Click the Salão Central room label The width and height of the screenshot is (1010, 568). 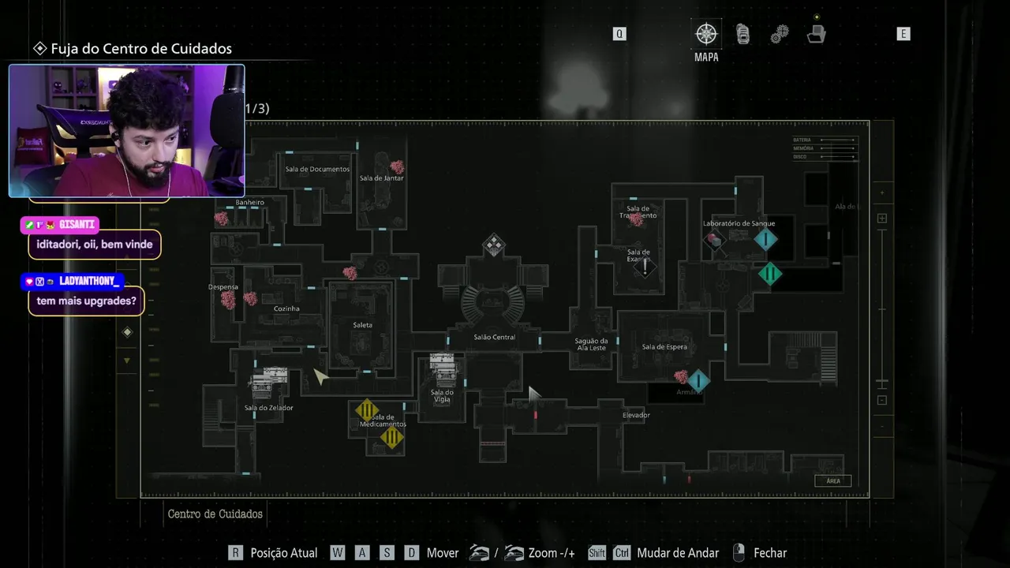[495, 337]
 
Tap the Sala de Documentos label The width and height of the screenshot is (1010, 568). [317, 169]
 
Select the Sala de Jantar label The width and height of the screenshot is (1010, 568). [381, 178]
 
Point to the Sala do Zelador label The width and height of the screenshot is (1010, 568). [268, 408]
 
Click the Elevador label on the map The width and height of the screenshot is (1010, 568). [636, 415]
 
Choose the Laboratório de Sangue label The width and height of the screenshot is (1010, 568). [739, 223]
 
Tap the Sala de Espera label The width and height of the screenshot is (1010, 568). [664, 346]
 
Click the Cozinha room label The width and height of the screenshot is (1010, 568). [286, 308]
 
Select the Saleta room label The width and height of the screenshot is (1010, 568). [363, 325]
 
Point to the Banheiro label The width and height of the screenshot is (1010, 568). [249, 203]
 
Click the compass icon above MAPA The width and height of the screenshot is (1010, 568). [706, 34]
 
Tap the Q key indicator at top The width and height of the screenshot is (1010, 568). [619, 34]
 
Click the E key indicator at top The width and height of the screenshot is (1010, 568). [903, 34]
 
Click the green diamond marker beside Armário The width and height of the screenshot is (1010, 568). [698, 382]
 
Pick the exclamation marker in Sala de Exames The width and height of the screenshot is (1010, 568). [645, 267]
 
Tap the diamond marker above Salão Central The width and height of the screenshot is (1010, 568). [494, 245]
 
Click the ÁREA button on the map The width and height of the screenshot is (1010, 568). [833, 480]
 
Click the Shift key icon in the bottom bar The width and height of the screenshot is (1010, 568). [597, 553]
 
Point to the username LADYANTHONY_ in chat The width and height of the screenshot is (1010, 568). [88, 281]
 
